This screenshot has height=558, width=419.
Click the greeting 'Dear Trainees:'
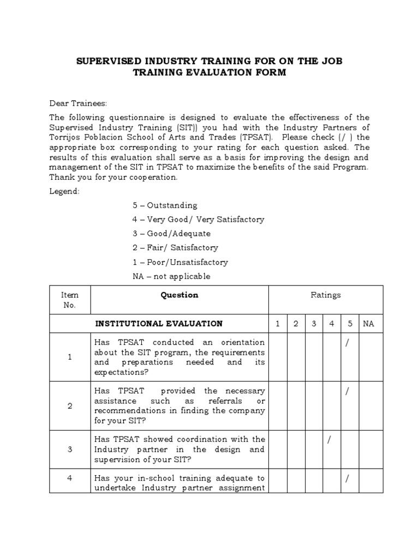79,104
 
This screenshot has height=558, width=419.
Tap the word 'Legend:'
65,191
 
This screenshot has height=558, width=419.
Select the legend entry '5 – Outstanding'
165,205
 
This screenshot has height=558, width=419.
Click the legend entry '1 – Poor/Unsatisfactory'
180,262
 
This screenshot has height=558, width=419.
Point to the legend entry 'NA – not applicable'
171,276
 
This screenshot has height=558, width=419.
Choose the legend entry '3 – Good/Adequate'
171,234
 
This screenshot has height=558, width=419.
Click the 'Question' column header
179,295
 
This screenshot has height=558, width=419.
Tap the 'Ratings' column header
326,295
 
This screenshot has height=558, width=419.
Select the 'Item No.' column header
70,300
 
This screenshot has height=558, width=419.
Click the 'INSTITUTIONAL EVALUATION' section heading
159,324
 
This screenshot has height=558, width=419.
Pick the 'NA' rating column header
369,324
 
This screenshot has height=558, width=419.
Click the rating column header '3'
314,324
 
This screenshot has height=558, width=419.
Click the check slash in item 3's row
329,440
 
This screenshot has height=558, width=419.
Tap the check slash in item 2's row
347,391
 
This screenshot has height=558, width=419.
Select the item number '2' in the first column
70,406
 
